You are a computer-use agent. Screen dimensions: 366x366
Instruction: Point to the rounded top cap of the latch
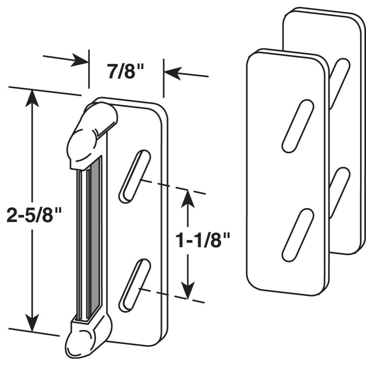93,127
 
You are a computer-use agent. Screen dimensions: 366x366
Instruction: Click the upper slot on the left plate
135,176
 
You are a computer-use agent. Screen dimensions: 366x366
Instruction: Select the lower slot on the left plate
135,285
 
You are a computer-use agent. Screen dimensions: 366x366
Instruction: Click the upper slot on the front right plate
298,126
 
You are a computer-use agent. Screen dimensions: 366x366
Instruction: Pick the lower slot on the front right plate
298,235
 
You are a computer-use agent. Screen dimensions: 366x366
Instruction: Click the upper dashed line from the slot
172,186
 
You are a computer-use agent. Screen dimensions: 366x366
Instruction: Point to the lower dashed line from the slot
172,295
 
